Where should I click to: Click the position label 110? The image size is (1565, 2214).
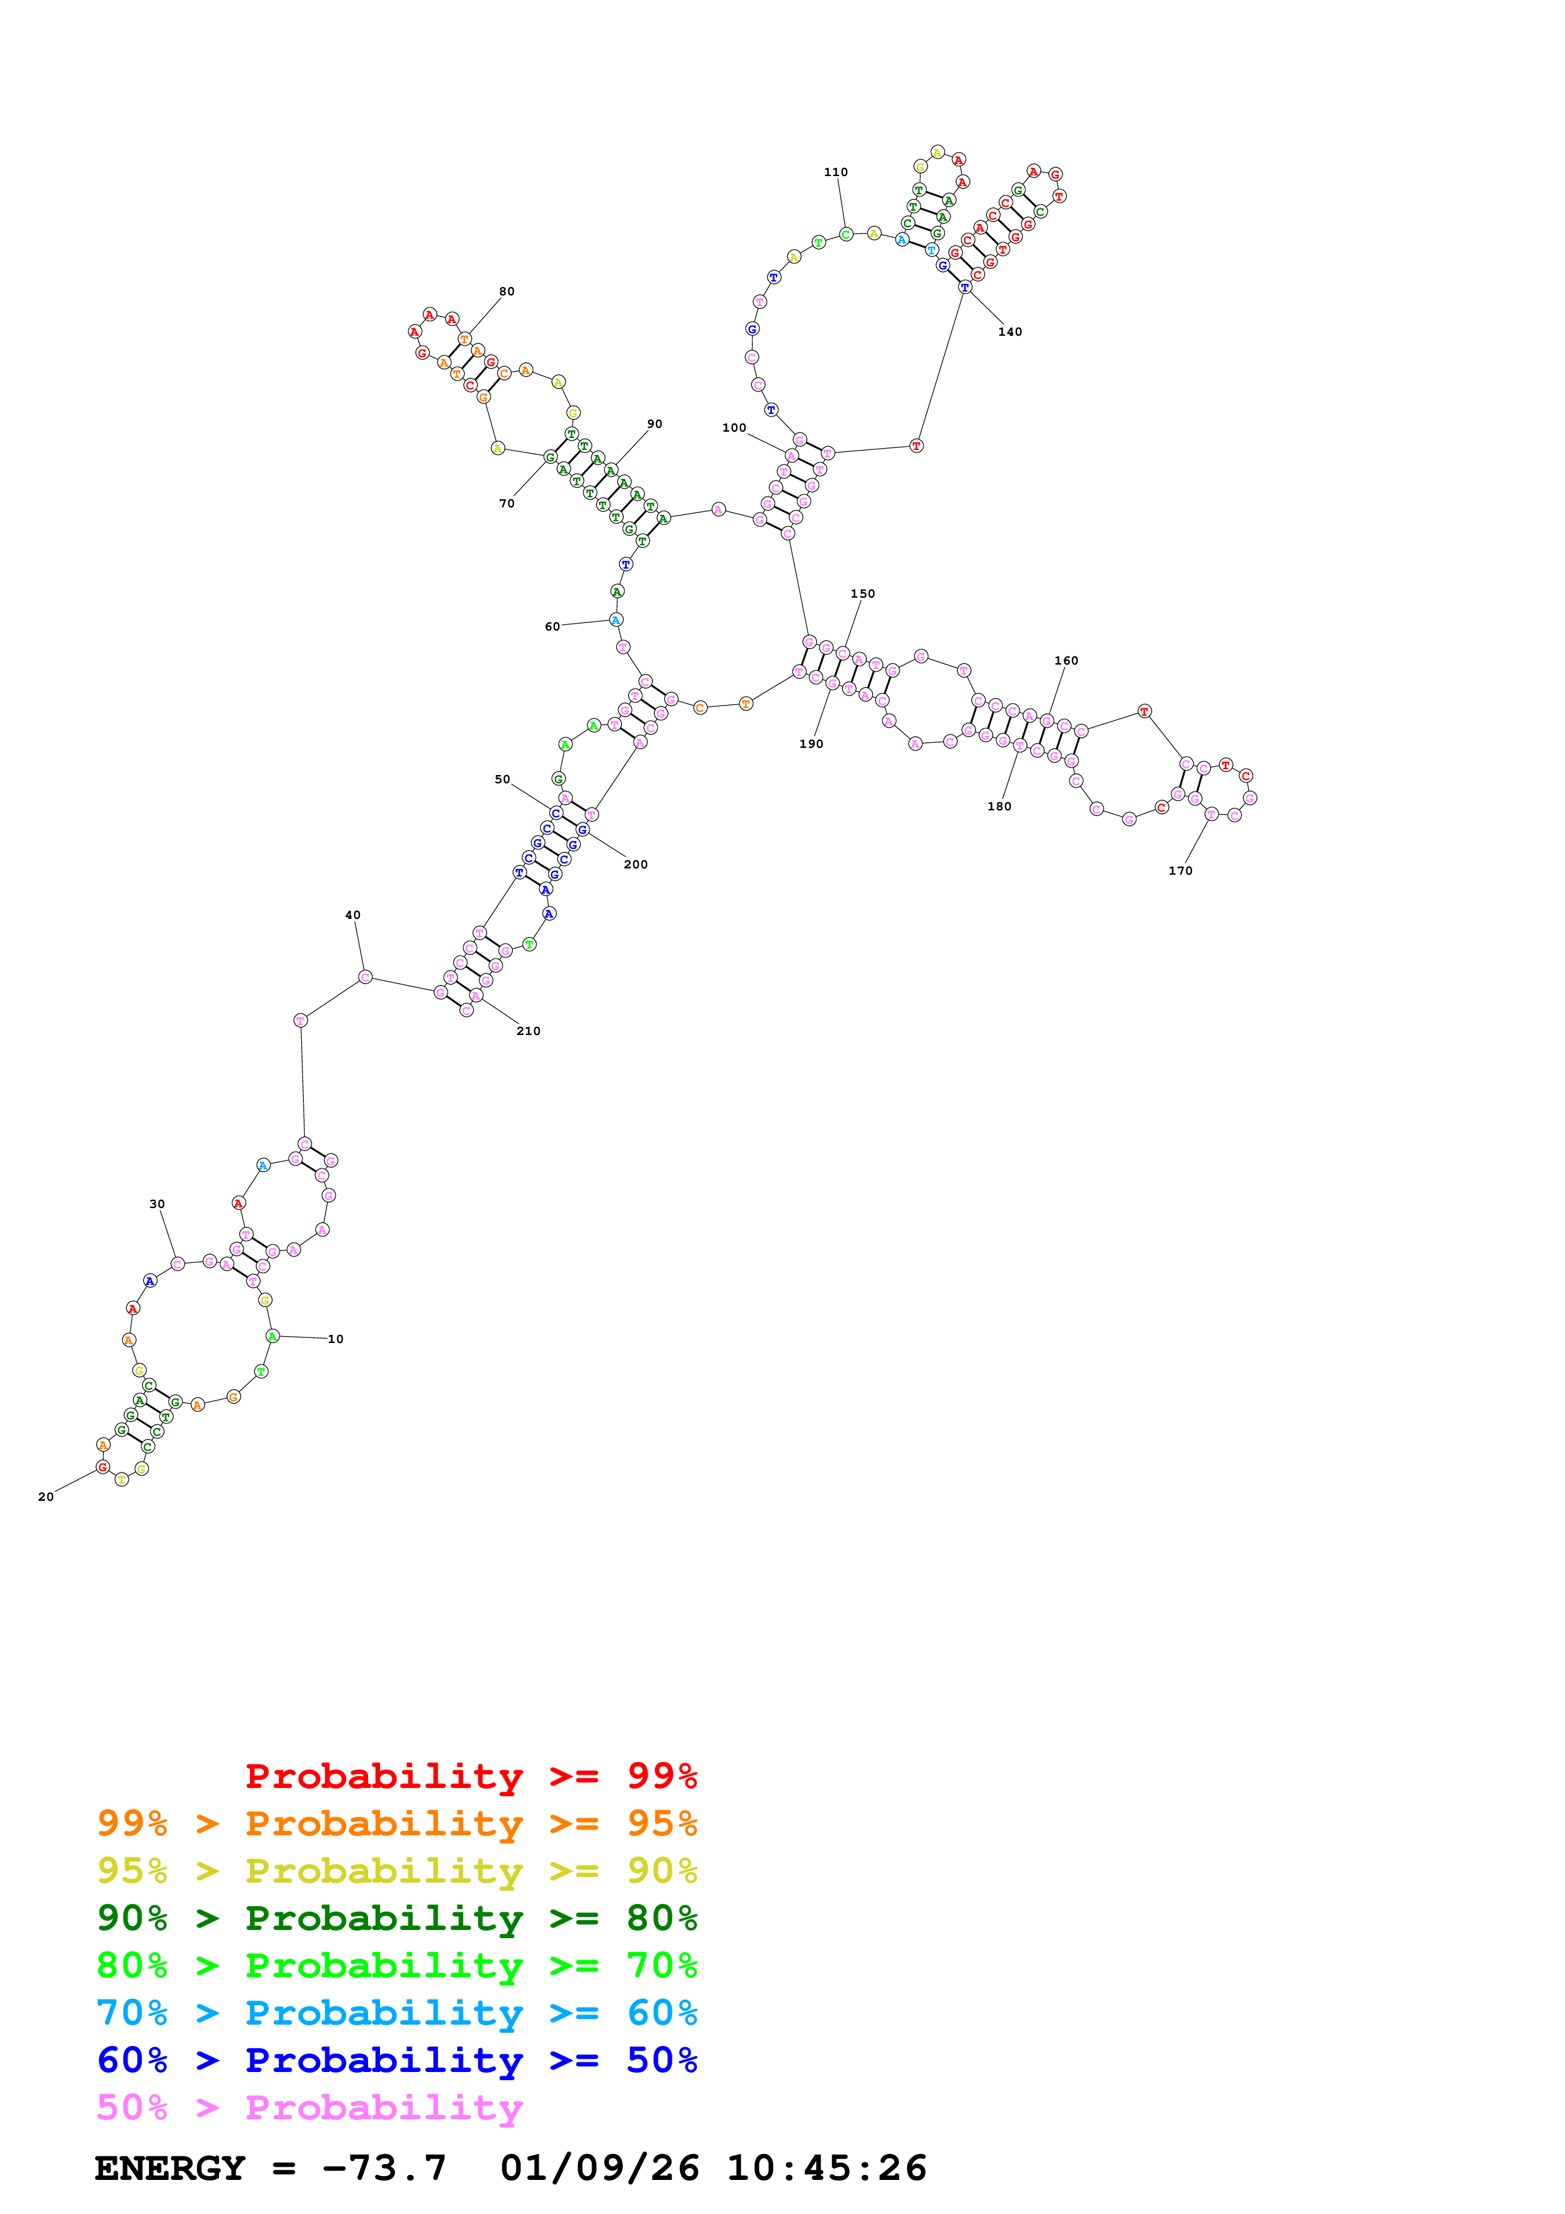pos(835,172)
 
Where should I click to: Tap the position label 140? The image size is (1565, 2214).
pos(1009,332)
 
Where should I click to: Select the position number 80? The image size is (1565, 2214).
pos(506,291)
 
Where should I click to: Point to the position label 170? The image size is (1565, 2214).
pos(1181,871)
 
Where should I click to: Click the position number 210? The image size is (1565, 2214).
pos(528,1031)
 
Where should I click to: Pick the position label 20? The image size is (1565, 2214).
pos(45,1496)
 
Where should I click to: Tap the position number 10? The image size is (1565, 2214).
pos(336,1339)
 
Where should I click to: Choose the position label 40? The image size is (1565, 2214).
pos(353,915)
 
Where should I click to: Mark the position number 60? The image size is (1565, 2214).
pos(552,627)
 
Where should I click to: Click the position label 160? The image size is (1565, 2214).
pos(1066,661)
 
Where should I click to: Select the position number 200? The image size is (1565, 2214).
pos(636,864)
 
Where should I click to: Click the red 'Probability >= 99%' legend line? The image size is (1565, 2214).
pos(470,1775)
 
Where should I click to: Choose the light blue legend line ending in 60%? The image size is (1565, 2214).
pos(396,2013)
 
